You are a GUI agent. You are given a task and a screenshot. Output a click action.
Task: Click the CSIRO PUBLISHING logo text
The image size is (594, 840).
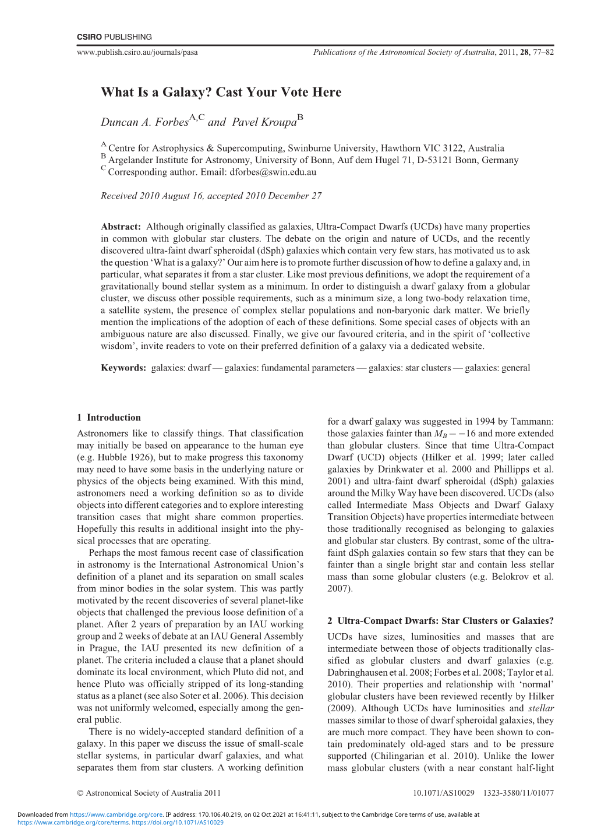tap(114, 37)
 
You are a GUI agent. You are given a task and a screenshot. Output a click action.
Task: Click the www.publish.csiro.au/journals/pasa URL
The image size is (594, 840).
tap(137, 52)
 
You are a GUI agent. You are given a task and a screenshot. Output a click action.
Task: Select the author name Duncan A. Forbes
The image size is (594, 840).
tap(144, 122)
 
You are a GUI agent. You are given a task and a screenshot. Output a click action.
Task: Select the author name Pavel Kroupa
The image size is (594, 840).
tap(264, 122)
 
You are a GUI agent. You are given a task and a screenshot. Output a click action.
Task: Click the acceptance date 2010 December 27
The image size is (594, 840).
tap(281, 196)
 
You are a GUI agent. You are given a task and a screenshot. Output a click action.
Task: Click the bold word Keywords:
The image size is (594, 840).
tap(123, 368)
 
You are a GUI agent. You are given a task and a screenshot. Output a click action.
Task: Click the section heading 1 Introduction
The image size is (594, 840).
tap(109, 417)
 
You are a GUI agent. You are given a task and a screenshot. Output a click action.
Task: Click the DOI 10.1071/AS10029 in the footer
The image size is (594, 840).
tap(444, 793)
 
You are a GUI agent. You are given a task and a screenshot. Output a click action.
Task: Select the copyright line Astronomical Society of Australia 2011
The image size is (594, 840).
tap(153, 793)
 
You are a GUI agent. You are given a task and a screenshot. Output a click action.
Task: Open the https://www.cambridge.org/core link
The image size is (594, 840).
tap(116, 815)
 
